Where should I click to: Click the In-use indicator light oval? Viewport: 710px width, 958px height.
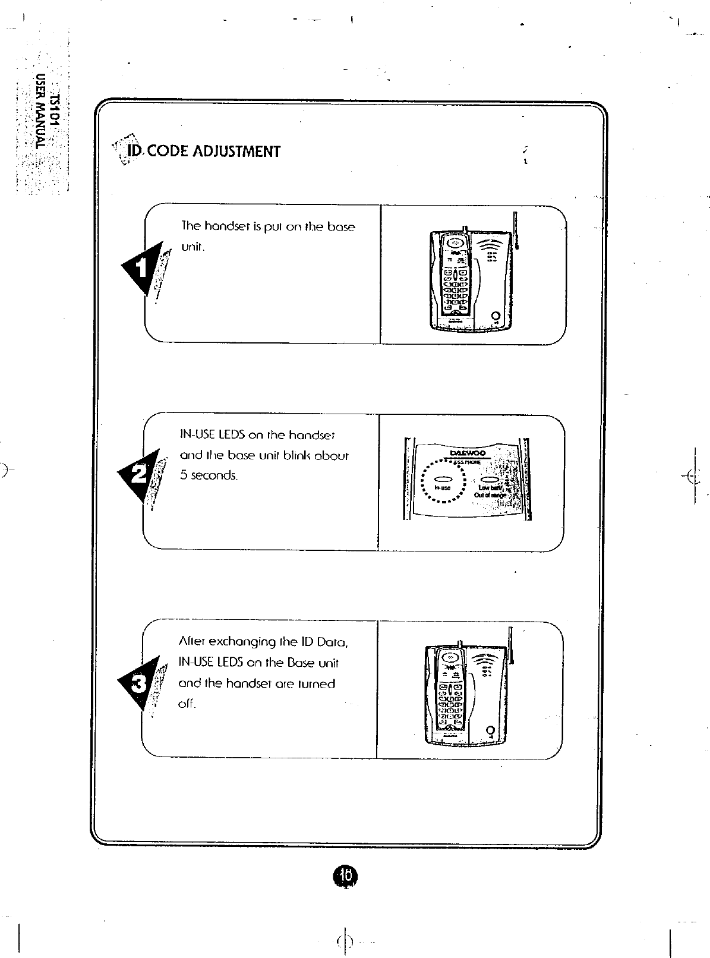coord(443,479)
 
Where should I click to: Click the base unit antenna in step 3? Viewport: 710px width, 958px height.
coord(510,645)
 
